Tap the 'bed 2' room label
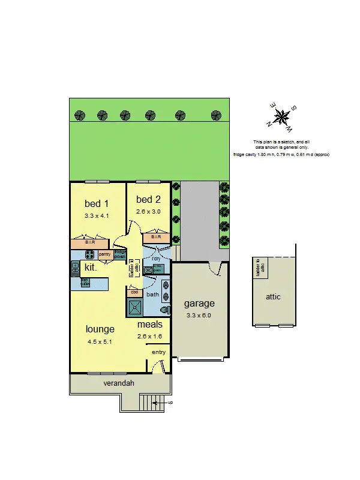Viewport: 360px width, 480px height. click(148, 199)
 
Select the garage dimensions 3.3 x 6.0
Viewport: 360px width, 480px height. click(199, 315)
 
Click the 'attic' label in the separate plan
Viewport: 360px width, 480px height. click(273, 296)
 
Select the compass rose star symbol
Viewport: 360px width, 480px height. click(280, 115)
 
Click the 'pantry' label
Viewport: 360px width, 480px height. click(104, 254)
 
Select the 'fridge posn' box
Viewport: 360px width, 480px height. click(119, 254)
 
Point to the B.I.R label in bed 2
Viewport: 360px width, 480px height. click(155, 237)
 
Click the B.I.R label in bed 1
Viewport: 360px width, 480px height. click(91, 242)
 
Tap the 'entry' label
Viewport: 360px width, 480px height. click(158, 352)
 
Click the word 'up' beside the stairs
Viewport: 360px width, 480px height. click(170, 403)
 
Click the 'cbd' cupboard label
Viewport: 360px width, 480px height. click(134, 292)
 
